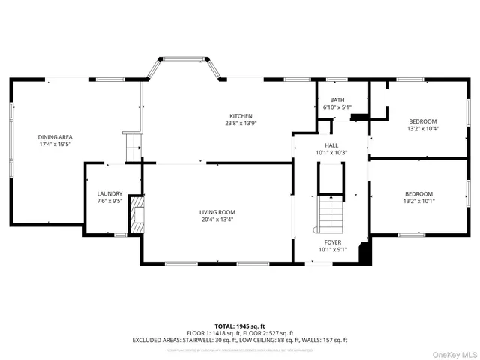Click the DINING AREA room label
tap(55, 136)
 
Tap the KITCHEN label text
tap(240, 115)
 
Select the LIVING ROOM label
tap(217, 212)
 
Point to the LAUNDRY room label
tap(109, 193)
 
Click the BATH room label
tap(337, 100)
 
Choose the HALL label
tap(331, 145)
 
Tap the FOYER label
tap(333, 242)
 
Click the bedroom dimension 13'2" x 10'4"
tap(421, 129)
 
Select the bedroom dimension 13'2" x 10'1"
tap(419, 201)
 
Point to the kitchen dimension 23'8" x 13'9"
tap(240, 124)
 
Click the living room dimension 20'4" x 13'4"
tap(217, 220)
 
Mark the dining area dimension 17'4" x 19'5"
tap(55, 145)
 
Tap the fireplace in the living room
tap(136, 214)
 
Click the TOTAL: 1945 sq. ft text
tap(240, 326)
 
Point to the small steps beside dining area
tap(133, 147)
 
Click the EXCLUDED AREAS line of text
tap(240, 340)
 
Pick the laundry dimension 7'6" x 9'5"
tap(109, 201)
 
